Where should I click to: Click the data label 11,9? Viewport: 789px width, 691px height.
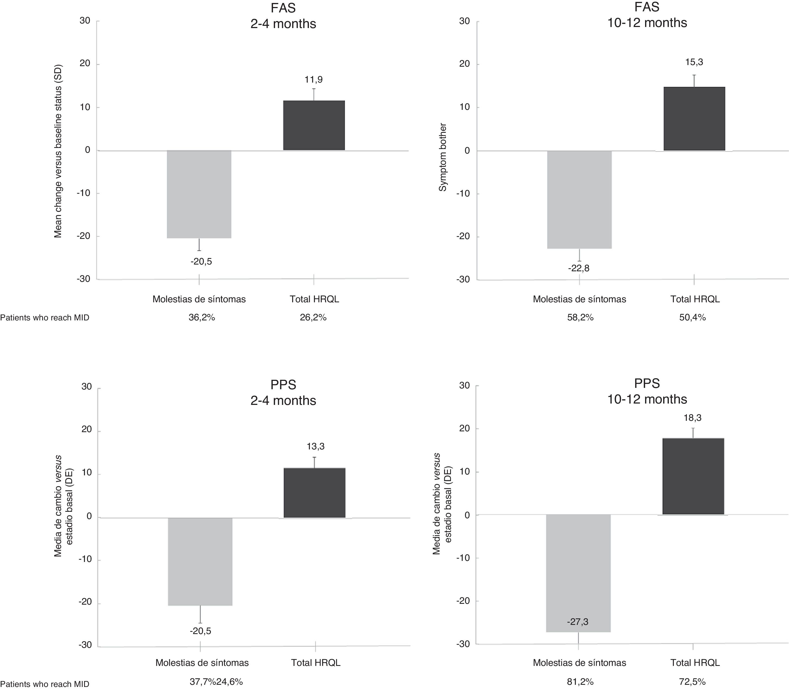[x=314, y=80]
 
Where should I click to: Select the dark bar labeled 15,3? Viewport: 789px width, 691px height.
[x=694, y=119]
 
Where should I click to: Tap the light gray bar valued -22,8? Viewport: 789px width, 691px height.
[x=579, y=199]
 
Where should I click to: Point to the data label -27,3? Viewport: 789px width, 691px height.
[x=578, y=622]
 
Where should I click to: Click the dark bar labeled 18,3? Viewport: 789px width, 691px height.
[x=693, y=476]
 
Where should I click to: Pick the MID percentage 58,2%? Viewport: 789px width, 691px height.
[x=580, y=318]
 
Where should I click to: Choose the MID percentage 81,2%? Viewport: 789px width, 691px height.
[x=580, y=682]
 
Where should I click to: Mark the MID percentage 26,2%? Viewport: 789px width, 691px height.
[x=313, y=318]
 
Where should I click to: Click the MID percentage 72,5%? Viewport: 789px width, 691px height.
[x=693, y=682]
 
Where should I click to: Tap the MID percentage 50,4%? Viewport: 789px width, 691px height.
[x=693, y=318]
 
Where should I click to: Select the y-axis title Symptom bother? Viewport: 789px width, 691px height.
[x=443, y=157]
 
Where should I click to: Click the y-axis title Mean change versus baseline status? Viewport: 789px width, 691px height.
[x=58, y=151]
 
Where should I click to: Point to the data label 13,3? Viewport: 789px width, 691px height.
[x=315, y=446]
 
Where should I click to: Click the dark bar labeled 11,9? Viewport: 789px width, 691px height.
[x=314, y=125]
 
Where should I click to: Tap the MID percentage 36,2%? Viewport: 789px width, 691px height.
[x=202, y=318]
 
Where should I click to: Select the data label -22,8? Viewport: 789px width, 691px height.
[x=578, y=268]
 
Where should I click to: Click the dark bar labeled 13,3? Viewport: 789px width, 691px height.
[x=315, y=493]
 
